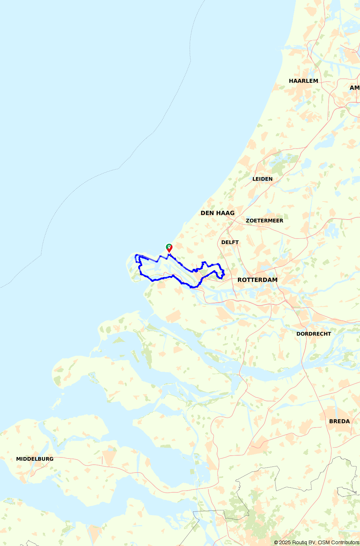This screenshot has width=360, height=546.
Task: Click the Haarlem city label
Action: (x=303, y=81)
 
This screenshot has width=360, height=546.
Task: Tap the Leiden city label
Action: (x=262, y=179)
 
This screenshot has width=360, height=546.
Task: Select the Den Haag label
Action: (x=217, y=213)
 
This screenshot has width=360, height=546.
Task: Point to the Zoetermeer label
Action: (x=265, y=221)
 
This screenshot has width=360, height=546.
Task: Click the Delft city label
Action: (x=230, y=242)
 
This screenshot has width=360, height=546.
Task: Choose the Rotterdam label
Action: (x=257, y=280)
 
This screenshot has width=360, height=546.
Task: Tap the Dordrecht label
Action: (x=314, y=334)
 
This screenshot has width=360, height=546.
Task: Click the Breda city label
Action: (x=339, y=421)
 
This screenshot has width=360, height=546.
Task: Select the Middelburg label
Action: (x=35, y=459)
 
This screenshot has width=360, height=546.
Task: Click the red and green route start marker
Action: (x=169, y=248)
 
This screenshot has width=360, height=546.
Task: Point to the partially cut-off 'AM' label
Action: (x=354, y=87)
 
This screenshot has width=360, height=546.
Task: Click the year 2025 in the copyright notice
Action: (x=285, y=542)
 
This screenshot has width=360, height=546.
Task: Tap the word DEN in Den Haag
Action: (x=207, y=213)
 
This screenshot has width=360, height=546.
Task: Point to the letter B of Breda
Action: (x=331, y=421)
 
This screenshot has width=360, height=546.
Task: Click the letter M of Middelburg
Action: (x=18, y=459)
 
